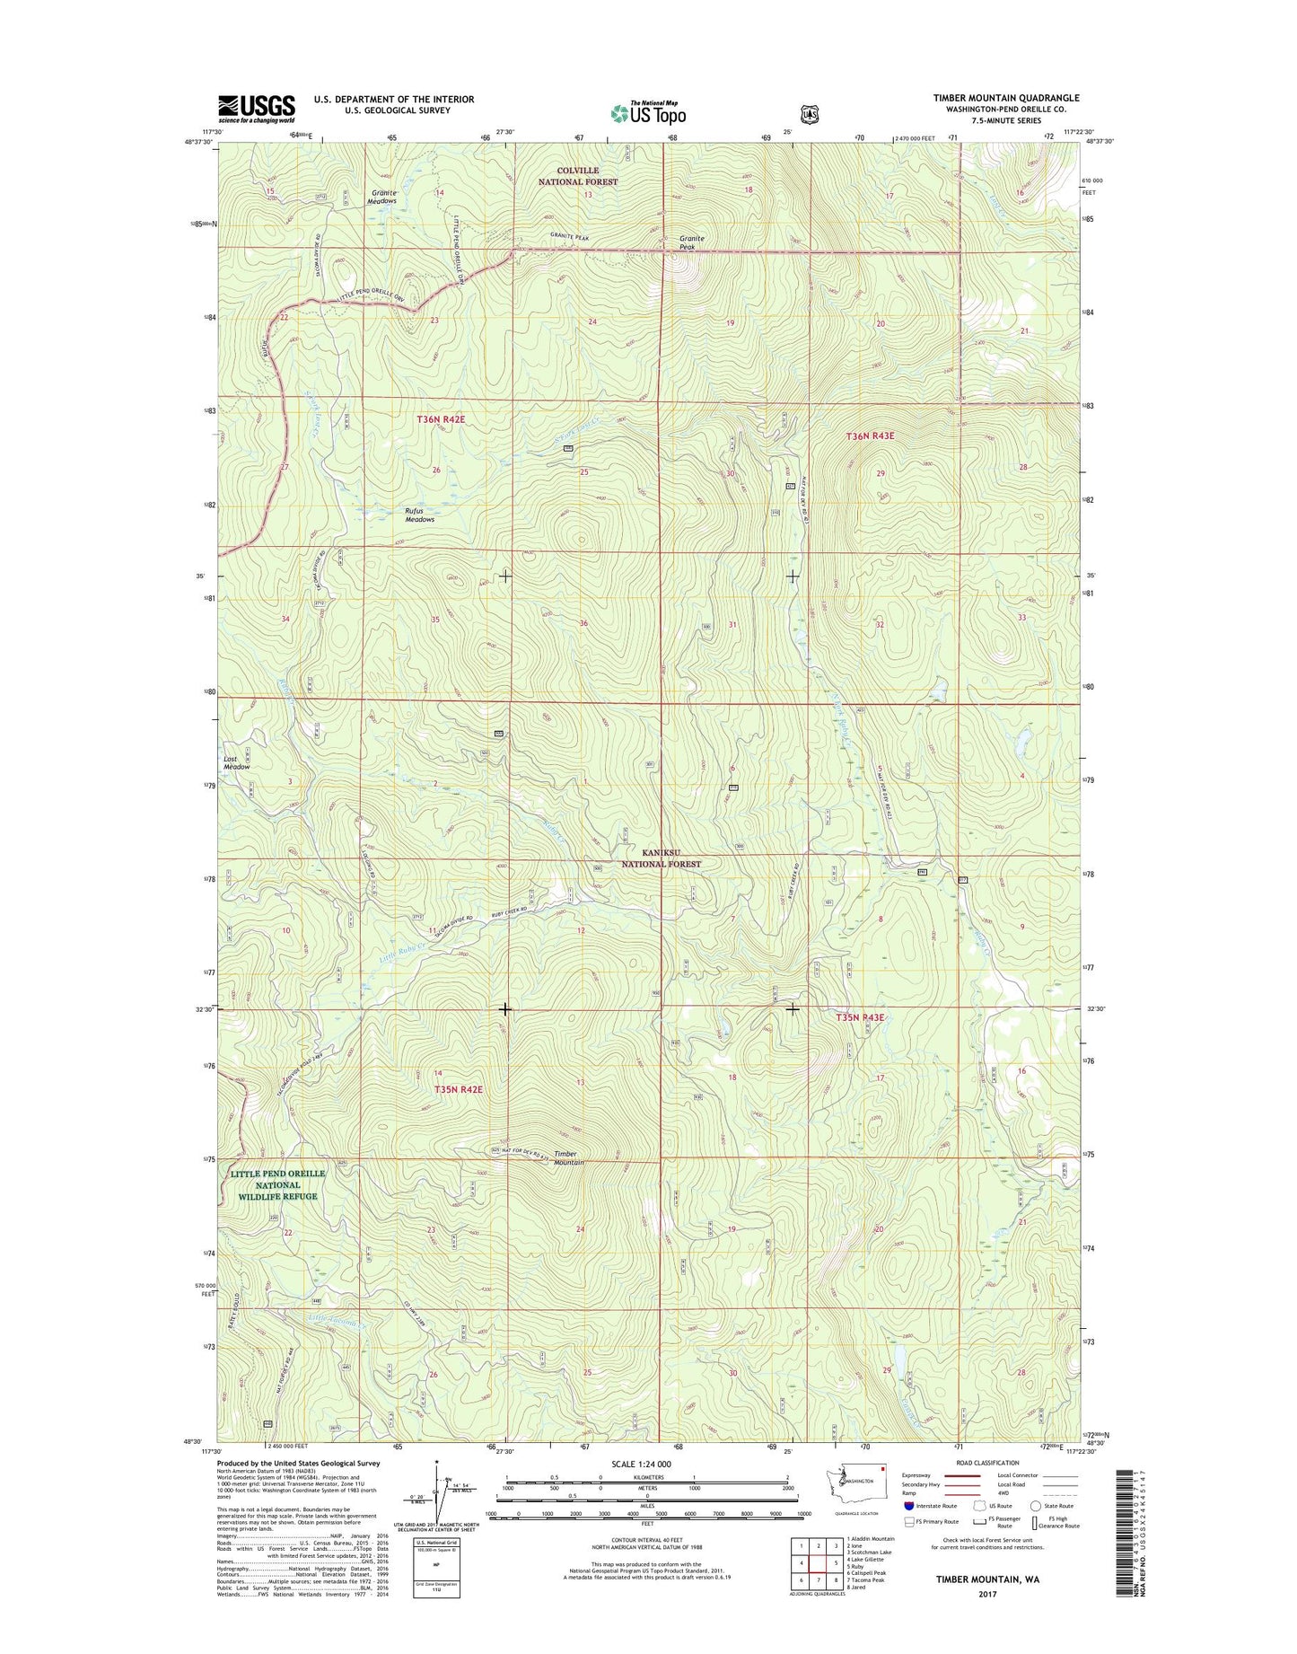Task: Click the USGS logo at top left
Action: [256, 109]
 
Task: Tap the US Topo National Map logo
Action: [648, 112]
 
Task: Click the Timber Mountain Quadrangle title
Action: [1005, 98]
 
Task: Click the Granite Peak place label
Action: [691, 242]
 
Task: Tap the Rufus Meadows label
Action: [419, 515]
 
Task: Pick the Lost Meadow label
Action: [237, 762]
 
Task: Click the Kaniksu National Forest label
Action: [662, 858]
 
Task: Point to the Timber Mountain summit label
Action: [568, 1158]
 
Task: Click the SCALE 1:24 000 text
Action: [641, 1465]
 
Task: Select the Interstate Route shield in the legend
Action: [909, 1506]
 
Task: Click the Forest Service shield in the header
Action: [811, 114]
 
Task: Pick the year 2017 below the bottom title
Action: [987, 1594]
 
